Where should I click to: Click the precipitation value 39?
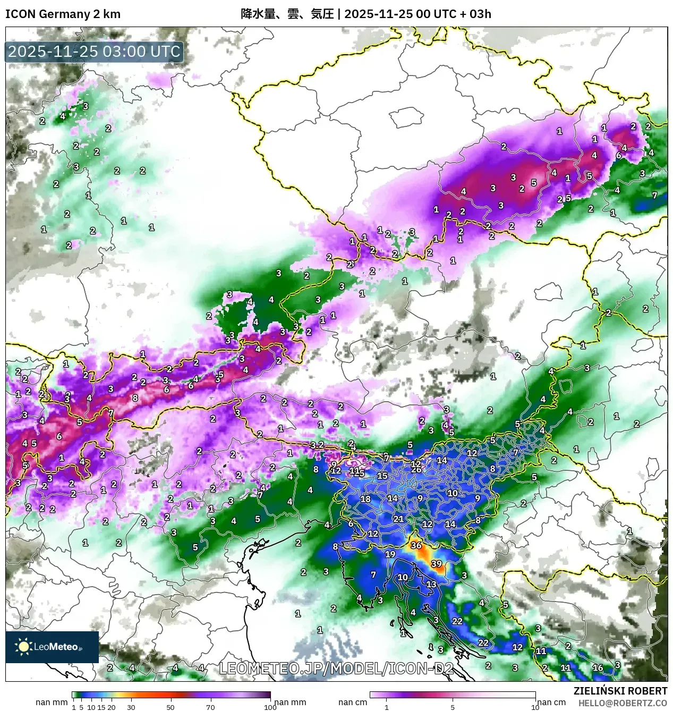point(436,564)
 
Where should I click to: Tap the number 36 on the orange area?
point(416,546)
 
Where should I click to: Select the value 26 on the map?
point(416,470)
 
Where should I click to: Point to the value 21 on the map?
point(398,519)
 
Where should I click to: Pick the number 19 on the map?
point(390,554)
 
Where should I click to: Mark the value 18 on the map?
point(365,499)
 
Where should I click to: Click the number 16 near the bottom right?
point(598,668)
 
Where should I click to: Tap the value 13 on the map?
point(431,585)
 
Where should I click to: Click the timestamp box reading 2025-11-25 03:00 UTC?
point(95,52)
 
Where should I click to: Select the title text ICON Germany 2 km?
point(63,14)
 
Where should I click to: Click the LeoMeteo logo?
point(52,647)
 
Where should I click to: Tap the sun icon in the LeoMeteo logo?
point(24,647)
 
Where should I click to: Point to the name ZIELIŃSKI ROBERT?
point(620,691)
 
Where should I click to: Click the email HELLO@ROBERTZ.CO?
point(623,703)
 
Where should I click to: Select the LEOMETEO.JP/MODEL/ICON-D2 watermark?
point(336,668)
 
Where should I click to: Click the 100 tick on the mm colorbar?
point(270,707)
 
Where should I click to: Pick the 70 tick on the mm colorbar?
point(210,707)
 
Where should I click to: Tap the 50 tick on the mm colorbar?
point(171,707)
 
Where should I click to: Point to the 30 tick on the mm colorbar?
point(131,707)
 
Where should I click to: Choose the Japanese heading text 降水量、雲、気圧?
point(287,14)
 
